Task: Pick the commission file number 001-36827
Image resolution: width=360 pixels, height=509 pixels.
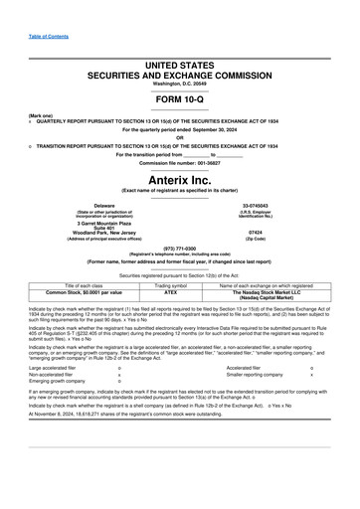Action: (x=210, y=161)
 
